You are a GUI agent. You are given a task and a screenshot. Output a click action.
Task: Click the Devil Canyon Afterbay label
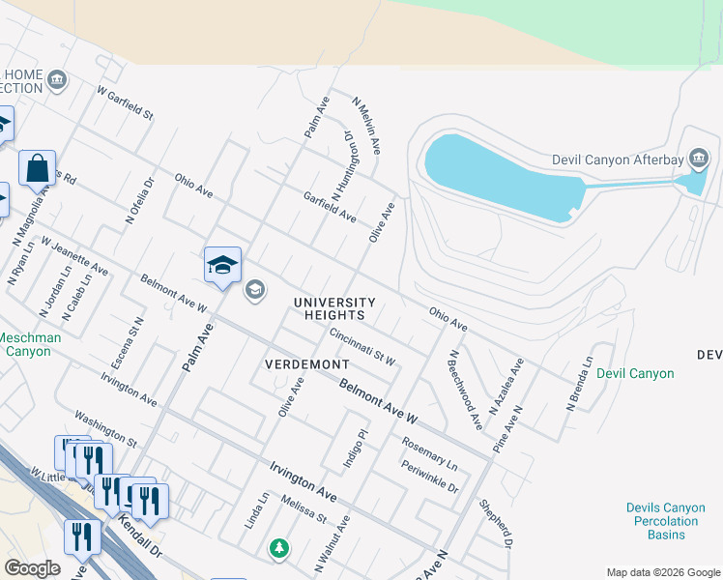tap(618, 159)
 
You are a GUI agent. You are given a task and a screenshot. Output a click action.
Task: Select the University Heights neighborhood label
tap(330, 308)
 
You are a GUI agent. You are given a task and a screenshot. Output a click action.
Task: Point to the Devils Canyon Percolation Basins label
tap(661, 521)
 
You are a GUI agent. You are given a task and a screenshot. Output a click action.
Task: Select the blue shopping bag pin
tap(37, 168)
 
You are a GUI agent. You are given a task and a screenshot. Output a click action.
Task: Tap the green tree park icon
tap(279, 548)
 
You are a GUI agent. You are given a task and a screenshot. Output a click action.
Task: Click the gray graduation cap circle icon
tap(254, 290)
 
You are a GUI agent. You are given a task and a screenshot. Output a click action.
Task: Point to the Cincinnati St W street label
tap(362, 347)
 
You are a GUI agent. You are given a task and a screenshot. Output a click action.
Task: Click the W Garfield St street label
tap(126, 101)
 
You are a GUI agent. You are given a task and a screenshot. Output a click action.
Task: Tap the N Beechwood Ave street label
tap(465, 389)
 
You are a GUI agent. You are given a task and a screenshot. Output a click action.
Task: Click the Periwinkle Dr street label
tap(430, 477)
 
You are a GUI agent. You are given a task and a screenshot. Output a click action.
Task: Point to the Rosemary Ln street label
tap(429, 453)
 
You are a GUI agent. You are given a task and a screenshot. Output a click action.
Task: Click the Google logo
tap(32, 568)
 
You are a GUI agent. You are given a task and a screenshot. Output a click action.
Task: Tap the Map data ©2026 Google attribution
tap(663, 572)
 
